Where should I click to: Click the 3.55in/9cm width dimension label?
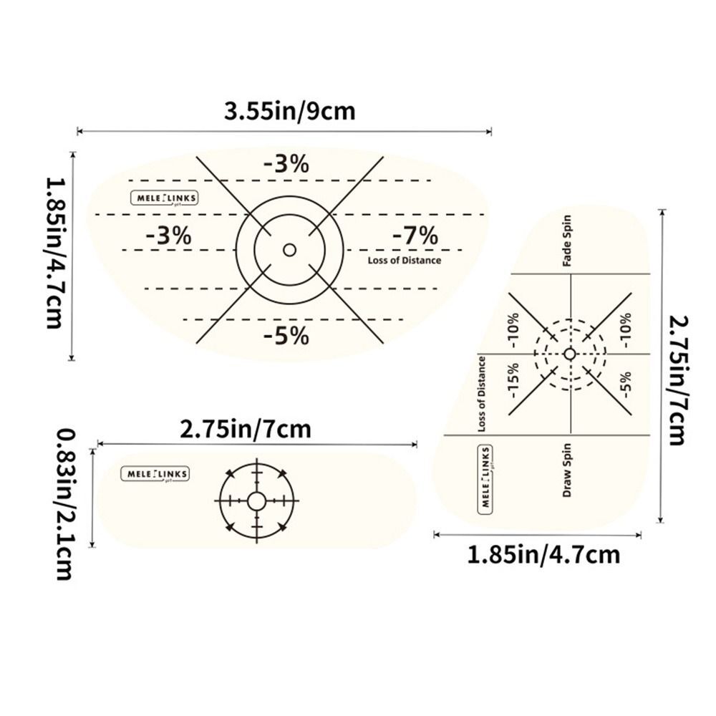click(289, 111)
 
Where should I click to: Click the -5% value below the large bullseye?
click(286, 335)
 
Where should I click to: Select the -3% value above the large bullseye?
click(286, 164)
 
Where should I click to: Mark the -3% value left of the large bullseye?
click(168, 236)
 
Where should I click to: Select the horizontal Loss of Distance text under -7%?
click(405, 261)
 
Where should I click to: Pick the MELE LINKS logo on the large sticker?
click(163, 198)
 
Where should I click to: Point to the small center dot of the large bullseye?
click(289, 250)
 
